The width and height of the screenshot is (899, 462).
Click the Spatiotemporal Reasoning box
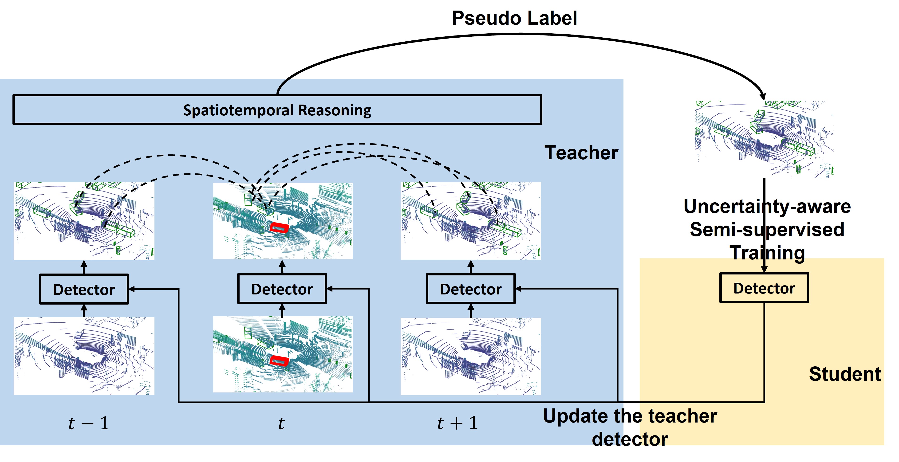coord(277,110)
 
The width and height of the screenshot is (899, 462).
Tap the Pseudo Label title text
coord(514,18)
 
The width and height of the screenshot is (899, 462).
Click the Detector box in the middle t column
coord(282,289)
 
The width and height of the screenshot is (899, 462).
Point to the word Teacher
coord(581,153)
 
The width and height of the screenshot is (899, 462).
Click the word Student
coord(844,374)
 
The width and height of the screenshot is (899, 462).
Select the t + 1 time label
coord(457,423)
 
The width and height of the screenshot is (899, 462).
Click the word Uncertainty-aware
coord(767,207)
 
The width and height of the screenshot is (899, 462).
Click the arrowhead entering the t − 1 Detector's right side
coord(132,289)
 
